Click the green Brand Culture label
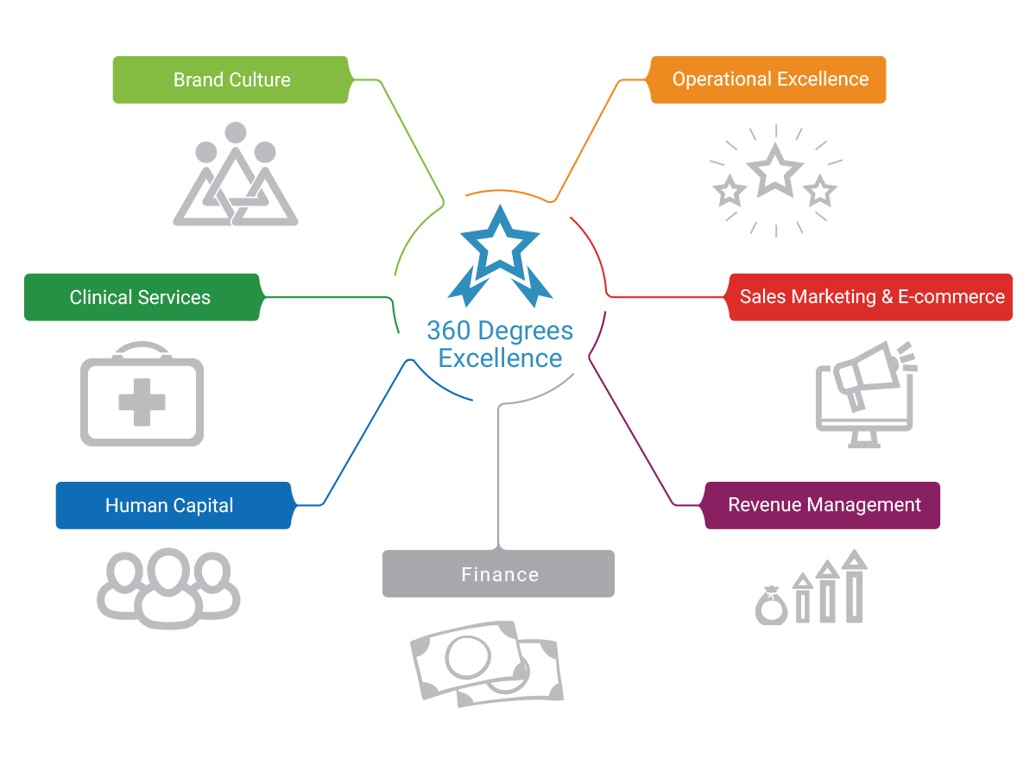pyautogui.click(x=231, y=80)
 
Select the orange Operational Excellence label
pyautogui.click(x=768, y=79)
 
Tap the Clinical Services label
pyautogui.click(x=141, y=297)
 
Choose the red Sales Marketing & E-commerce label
pyautogui.click(x=870, y=297)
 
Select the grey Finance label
pyautogui.click(x=498, y=574)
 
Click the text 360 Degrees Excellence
pyautogui.click(x=500, y=345)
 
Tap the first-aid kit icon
pyautogui.click(x=142, y=394)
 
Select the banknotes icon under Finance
pyautogui.click(x=487, y=661)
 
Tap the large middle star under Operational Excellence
pyautogui.click(x=775, y=170)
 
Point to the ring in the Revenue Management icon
pyautogui.click(x=770, y=606)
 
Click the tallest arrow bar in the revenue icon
pyautogui.click(x=855, y=587)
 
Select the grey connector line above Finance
pyautogui.click(x=499, y=475)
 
